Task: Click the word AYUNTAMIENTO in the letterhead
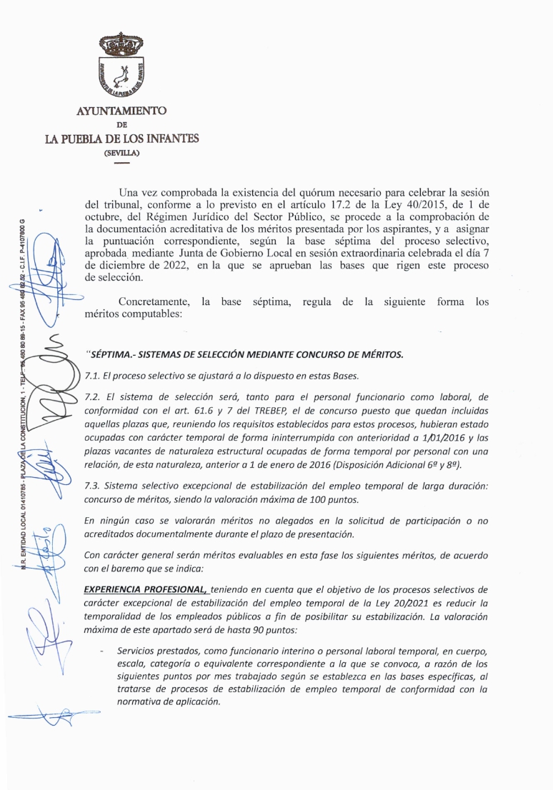[x=121, y=111]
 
